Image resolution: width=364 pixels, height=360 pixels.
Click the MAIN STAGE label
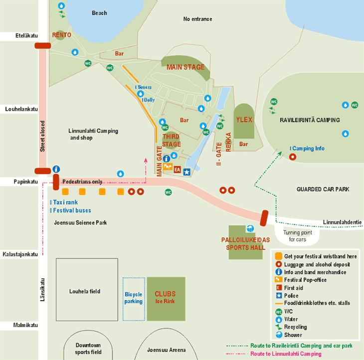(x=185, y=67)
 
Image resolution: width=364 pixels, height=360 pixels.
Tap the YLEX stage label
(x=244, y=120)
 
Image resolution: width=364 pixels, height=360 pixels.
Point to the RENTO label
(x=62, y=35)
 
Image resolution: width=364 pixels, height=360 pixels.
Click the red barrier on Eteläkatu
(x=42, y=46)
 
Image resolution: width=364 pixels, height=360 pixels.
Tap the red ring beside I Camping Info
(x=293, y=156)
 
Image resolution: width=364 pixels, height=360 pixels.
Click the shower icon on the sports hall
(x=250, y=228)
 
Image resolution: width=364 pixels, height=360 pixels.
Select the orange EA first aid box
(x=178, y=170)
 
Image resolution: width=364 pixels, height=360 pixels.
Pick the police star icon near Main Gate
(x=187, y=172)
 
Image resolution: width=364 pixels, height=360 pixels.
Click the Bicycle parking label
(x=133, y=298)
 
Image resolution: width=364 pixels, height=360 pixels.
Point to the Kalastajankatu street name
(x=19, y=254)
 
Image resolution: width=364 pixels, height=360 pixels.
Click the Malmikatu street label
(x=19, y=325)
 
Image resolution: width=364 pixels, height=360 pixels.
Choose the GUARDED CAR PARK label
(x=323, y=189)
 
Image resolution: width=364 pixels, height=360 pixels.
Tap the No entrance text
(x=197, y=19)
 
